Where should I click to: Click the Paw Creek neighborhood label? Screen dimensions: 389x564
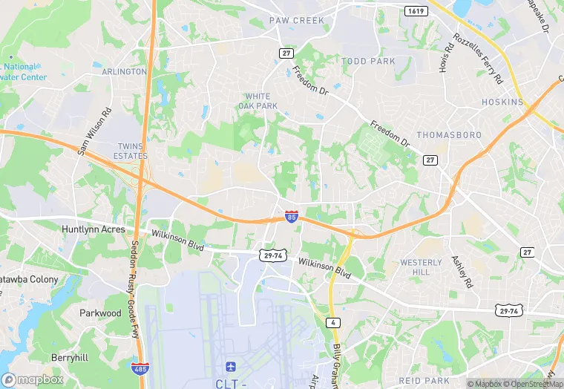297,21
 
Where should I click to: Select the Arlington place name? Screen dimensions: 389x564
125,71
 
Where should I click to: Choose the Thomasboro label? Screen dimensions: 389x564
449,135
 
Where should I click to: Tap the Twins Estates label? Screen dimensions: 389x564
133,151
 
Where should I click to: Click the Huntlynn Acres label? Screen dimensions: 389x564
94,229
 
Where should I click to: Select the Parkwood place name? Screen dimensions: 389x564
100,313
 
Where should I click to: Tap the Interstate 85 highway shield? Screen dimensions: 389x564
292,217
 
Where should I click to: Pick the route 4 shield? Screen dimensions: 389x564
335,321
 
